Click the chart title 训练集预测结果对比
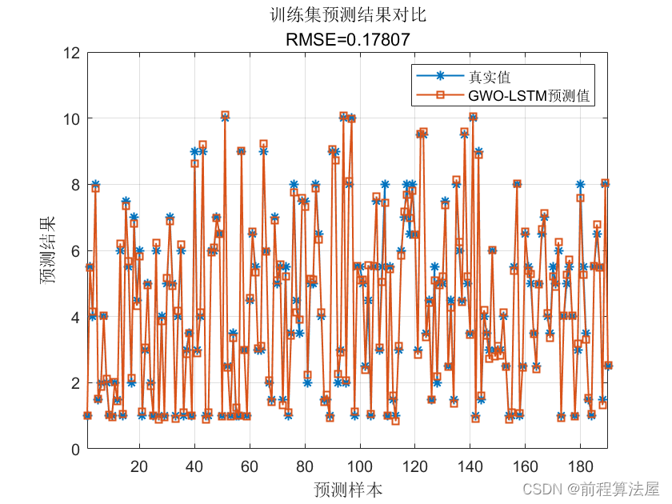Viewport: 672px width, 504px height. point(348,14)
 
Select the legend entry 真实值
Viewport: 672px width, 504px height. point(490,77)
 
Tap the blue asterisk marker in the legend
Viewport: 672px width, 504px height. point(439,77)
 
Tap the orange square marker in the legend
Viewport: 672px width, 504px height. point(439,96)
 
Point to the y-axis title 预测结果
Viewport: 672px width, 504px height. point(50,250)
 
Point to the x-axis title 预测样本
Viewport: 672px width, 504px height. point(348,489)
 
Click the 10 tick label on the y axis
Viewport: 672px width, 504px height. point(70,118)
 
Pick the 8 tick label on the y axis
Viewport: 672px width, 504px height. point(74,185)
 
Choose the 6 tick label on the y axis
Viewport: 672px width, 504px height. point(74,251)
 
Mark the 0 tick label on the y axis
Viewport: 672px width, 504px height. point(74,449)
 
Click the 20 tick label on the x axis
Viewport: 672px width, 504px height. point(138,466)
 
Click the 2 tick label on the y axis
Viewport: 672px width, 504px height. point(74,383)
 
